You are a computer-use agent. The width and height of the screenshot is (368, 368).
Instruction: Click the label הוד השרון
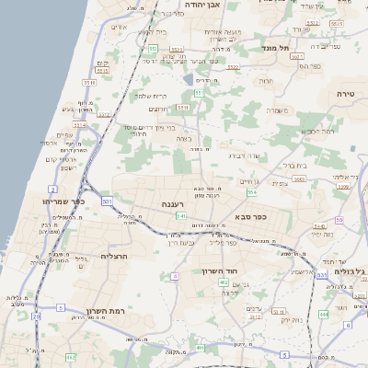(220, 272)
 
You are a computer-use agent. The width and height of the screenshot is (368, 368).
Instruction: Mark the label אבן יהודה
(203, 5)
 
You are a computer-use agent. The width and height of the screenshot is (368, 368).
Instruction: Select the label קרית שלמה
(153, 96)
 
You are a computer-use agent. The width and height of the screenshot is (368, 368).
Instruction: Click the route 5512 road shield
(105, 115)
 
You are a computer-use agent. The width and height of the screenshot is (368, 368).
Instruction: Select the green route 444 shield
(323, 314)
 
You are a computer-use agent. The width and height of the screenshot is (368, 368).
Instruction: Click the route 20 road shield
(36, 316)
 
